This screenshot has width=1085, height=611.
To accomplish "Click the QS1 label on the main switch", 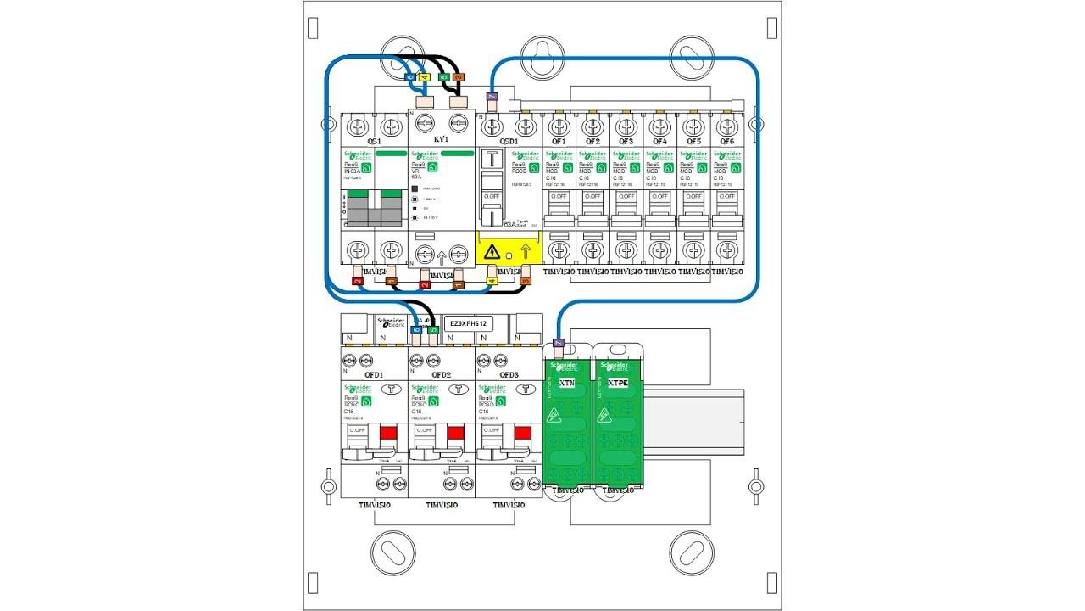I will pyautogui.click(x=374, y=141).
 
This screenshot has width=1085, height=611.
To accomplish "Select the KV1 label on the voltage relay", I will pyautogui.click(x=441, y=139).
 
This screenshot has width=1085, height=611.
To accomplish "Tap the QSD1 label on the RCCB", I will pyautogui.click(x=509, y=141).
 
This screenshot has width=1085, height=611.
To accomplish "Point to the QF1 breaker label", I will pyautogui.click(x=559, y=141).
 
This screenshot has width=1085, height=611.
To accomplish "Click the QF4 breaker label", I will pyautogui.click(x=659, y=141).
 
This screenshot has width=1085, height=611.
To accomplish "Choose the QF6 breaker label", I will pyautogui.click(x=726, y=141).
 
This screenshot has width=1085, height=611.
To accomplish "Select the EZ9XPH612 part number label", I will pyautogui.click(x=468, y=323).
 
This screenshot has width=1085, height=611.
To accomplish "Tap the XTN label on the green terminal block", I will pyautogui.click(x=567, y=383).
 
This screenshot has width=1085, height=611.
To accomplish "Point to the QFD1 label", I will pyautogui.click(x=374, y=374).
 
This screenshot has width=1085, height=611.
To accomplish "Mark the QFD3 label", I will pyautogui.click(x=509, y=374).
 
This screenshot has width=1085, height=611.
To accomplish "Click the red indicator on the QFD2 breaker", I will pyautogui.click(x=455, y=434).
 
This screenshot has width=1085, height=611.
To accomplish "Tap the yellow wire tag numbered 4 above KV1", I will pyautogui.click(x=424, y=77).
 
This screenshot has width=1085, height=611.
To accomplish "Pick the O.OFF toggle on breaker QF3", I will pyautogui.click(x=626, y=197).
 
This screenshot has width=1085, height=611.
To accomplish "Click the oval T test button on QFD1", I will pyautogui.click(x=391, y=390).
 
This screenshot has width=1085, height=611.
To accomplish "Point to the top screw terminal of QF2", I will pyautogui.click(x=592, y=126).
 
